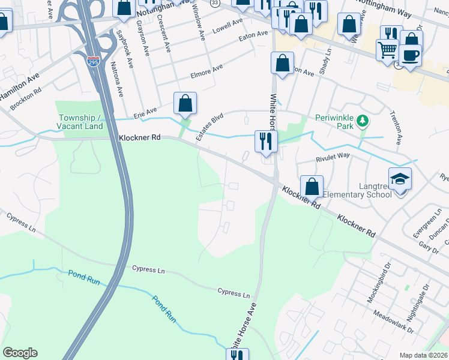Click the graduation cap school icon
(x=400, y=178)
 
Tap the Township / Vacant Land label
(x=80, y=122)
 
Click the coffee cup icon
(x=411, y=55)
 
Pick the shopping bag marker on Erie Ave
(x=185, y=103)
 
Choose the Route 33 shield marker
(x=214, y=3)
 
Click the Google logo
(x=20, y=353)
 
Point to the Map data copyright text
(x=423, y=355)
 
